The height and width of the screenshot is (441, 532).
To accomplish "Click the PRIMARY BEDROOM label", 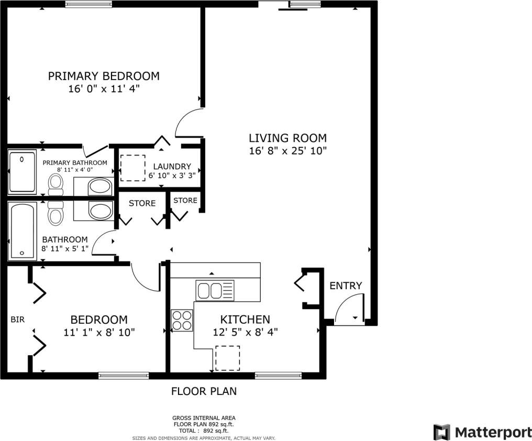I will coord(104,76).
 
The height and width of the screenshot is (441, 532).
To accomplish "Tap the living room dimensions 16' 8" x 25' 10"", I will coord(287,151).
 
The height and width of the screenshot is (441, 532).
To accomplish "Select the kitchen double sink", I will coord(215,290).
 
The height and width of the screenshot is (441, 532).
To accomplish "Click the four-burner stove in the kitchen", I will coord(182,320).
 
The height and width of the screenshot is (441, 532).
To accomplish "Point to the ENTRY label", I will coord(346,285).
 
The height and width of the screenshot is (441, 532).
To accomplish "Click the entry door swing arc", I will coord(347,309).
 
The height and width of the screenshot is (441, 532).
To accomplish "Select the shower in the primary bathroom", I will coord(22,172).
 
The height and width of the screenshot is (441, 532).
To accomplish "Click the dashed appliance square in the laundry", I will coord(133,168).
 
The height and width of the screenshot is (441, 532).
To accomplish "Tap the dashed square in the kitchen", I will coord(228,358).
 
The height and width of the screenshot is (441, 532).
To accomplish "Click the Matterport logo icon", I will coord(442,432).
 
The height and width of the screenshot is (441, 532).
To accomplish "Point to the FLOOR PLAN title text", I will coord(204,391).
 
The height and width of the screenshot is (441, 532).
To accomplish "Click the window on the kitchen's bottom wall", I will coord(278,375).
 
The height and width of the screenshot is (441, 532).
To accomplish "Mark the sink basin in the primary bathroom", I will coord(99,186).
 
